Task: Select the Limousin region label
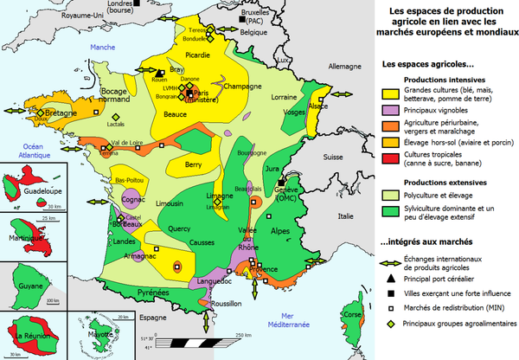[x=168, y=203]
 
